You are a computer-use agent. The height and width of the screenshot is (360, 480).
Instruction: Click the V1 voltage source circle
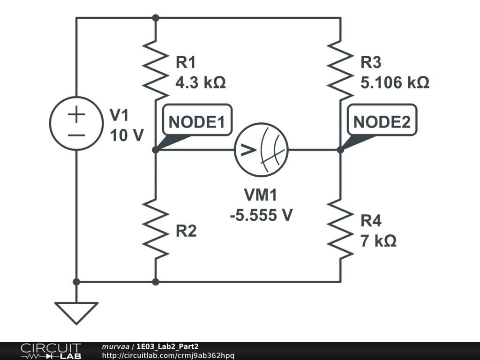[76, 123]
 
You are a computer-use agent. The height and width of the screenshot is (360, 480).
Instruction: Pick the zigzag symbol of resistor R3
[340, 68]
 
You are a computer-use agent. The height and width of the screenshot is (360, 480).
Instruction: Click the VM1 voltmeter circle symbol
[261, 150]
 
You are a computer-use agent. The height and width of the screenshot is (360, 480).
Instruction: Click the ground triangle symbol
[76, 312]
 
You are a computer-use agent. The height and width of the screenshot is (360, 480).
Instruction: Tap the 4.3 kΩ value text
[200, 83]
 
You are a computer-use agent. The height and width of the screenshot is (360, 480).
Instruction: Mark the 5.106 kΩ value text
[394, 83]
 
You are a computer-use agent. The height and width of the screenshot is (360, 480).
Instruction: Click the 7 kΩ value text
[378, 241]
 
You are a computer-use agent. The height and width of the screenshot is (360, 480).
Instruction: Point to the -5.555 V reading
[261, 215]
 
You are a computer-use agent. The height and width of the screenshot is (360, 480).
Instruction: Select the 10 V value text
[127, 135]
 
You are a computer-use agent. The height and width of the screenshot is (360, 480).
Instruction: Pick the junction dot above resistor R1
[156, 18]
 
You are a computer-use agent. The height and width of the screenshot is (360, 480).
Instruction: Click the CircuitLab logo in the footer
[51, 351]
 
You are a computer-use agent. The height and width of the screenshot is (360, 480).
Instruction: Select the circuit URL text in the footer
[168, 356]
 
